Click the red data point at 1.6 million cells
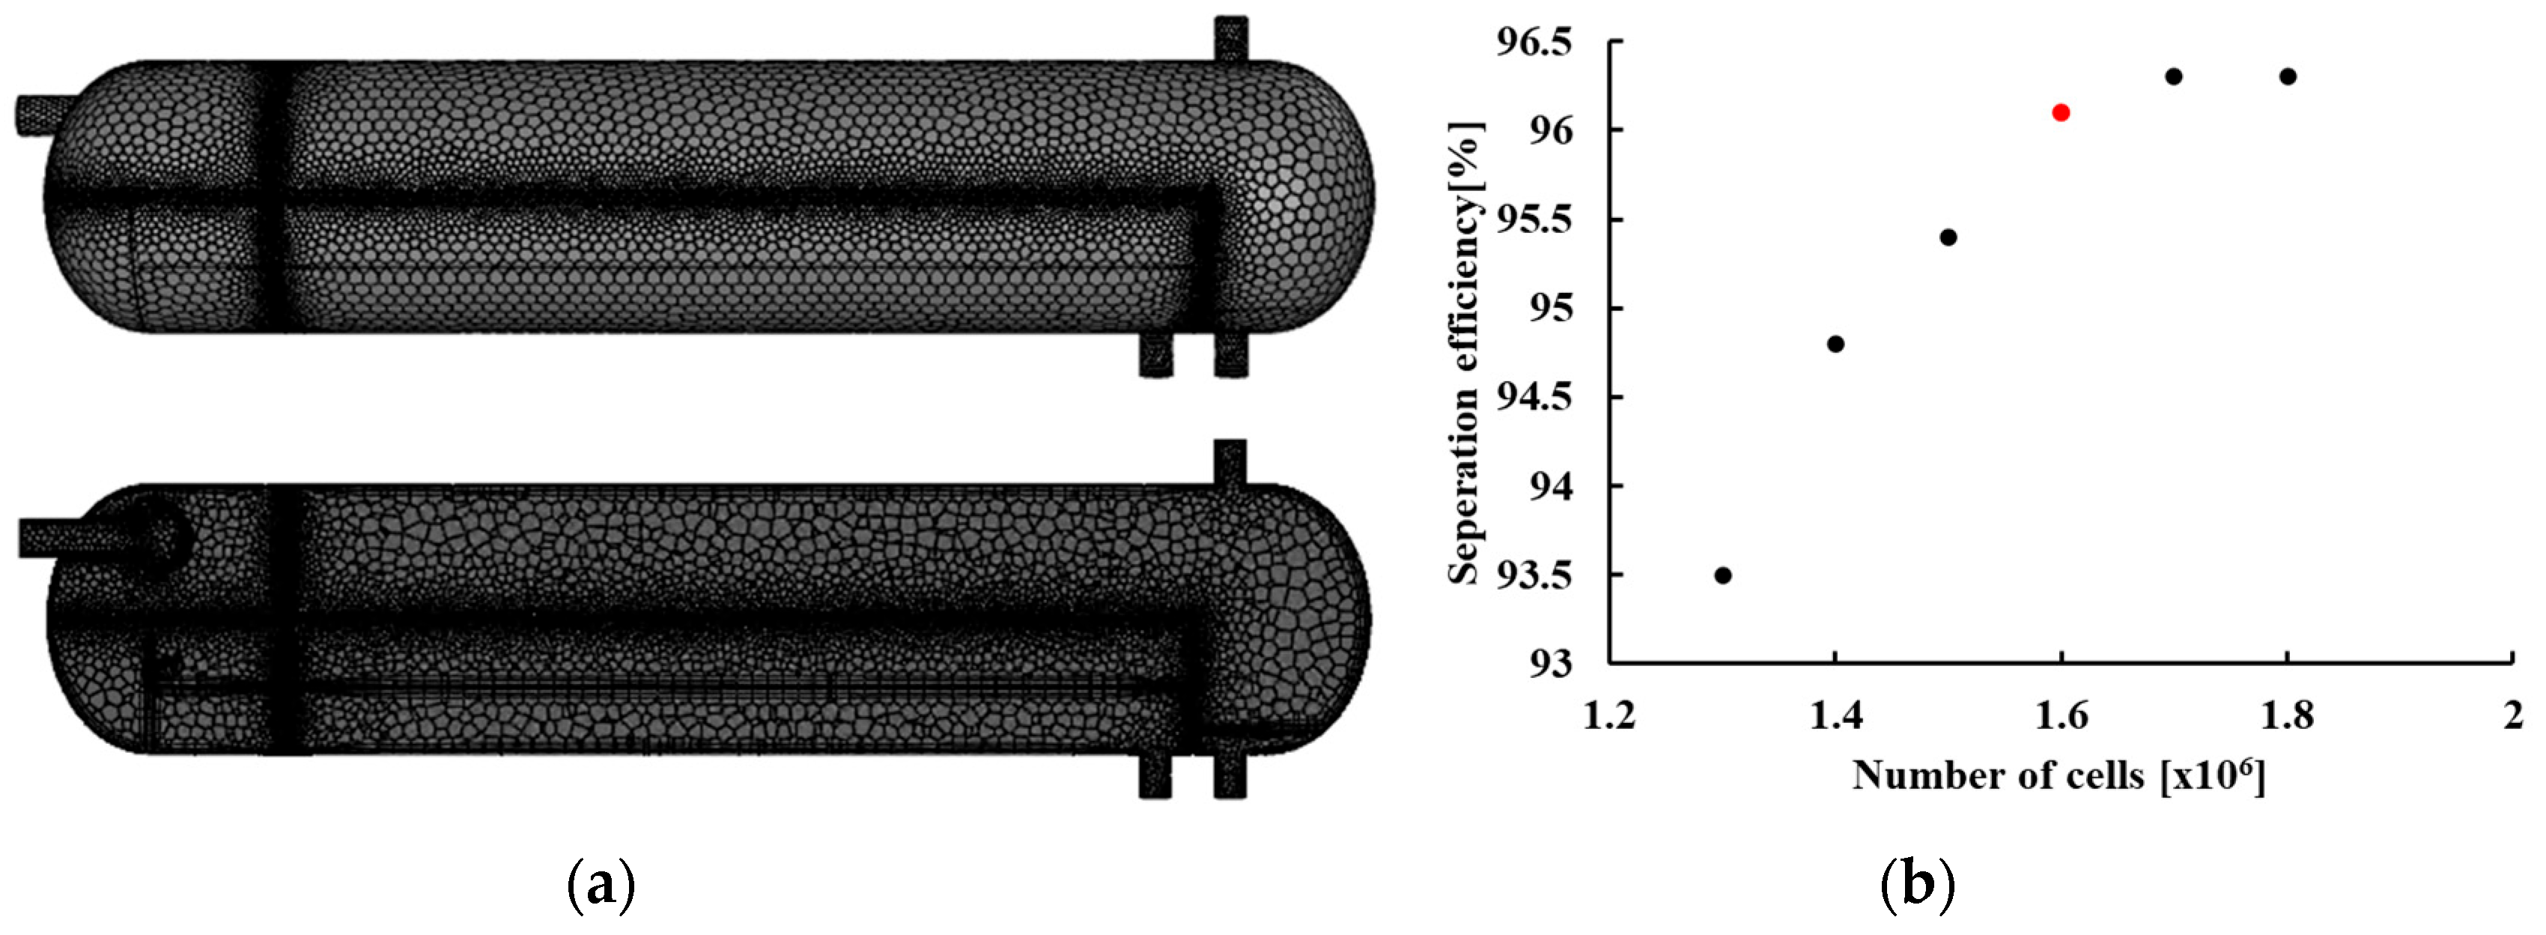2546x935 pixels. point(2061,112)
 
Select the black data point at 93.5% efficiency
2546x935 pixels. point(1723,575)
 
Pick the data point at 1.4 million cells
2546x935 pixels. point(1835,344)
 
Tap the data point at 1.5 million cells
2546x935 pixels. point(1948,237)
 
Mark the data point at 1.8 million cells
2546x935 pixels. point(2287,77)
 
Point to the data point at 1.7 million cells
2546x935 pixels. point(2173,77)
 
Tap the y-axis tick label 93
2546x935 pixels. point(1549,663)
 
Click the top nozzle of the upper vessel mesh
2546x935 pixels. point(1230,40)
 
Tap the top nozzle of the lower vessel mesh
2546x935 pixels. point(1230,462)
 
